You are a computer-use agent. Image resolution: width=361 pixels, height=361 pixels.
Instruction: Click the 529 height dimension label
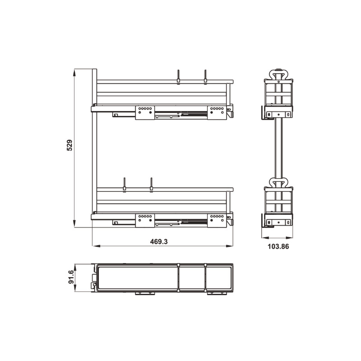(69, 145)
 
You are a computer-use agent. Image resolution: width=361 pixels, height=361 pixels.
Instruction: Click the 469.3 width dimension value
(159, 241)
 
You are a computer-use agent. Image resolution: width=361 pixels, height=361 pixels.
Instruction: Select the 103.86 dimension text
(278, 246)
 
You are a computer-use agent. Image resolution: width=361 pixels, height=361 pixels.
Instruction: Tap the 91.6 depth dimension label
(71, 277)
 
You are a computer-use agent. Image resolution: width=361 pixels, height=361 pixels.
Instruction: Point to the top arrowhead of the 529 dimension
(74, 73)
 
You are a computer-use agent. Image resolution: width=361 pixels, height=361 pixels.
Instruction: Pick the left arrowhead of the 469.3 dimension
(96, 246)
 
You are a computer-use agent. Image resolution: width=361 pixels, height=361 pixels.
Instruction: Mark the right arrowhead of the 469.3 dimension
(229, 246)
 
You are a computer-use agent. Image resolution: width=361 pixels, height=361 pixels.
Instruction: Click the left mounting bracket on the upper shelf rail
(145, 112)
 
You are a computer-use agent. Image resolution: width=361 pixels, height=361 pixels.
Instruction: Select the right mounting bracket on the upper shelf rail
(217, 112)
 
